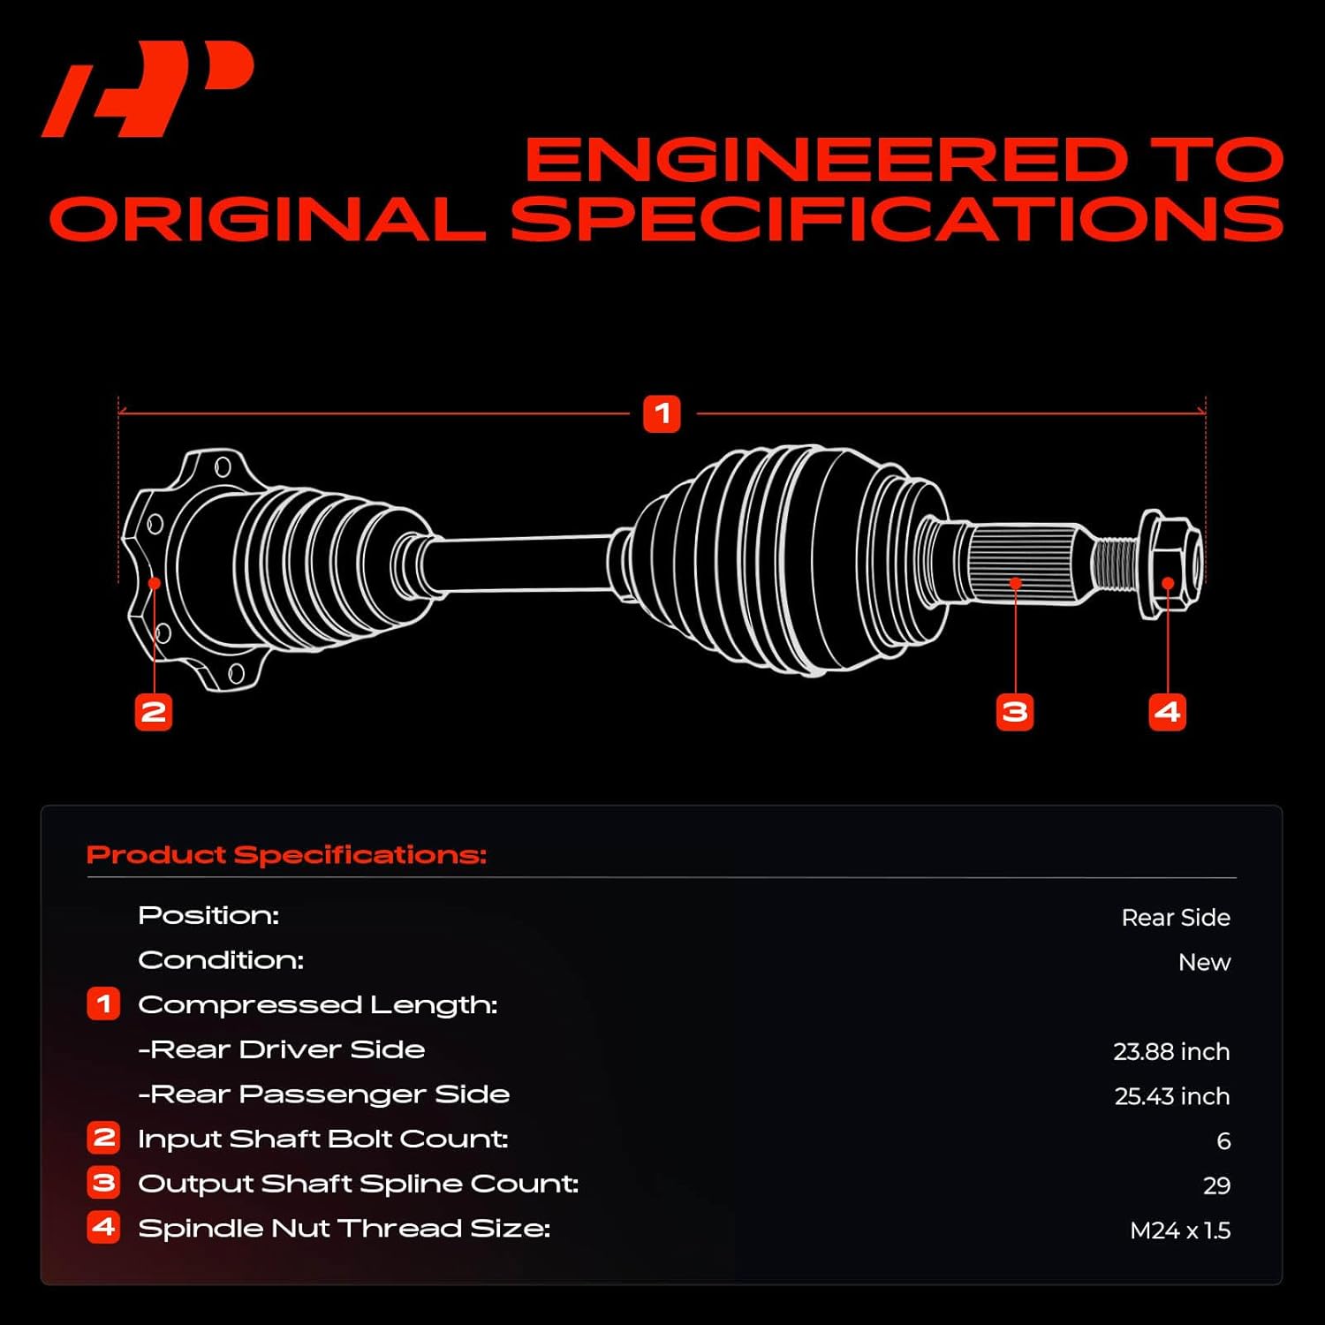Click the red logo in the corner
click(x=148, y=88)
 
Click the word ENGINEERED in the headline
click(x=826, y=160)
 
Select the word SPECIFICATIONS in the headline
click(x=897, y=219)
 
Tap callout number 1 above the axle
click(x=662, y=413)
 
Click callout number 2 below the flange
click(x=153, y=712)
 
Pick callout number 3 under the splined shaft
click(x=1015, y=712)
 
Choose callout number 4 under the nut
click(x=1167, y=712)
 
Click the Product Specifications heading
click(x=287, y=855)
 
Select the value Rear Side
click(x=1175, y=918)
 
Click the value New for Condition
click(x=1203, y=962)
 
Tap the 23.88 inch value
click(x=1170, y=1051)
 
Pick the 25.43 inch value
click(x=1171, y=1096)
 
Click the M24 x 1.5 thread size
click(x=1179, y=1230)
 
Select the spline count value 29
click(x=1215, y=1185)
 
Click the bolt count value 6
click(x=1223, y=1141)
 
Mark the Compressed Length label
click(x=318, y=1005)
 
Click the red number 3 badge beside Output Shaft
click(x=103, y=1182)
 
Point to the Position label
click(x=208, y=915)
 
